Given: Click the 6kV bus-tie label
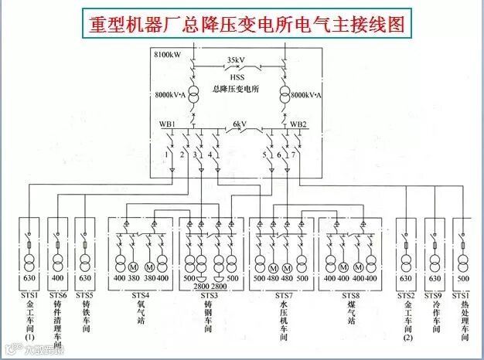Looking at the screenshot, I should tap(239, 124).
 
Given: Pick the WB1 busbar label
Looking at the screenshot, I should tap(168, 124).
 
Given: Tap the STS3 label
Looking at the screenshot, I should tap(210, 294).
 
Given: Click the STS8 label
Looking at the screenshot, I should tap(351, 294).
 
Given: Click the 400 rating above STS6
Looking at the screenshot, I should tap(58, 278).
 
